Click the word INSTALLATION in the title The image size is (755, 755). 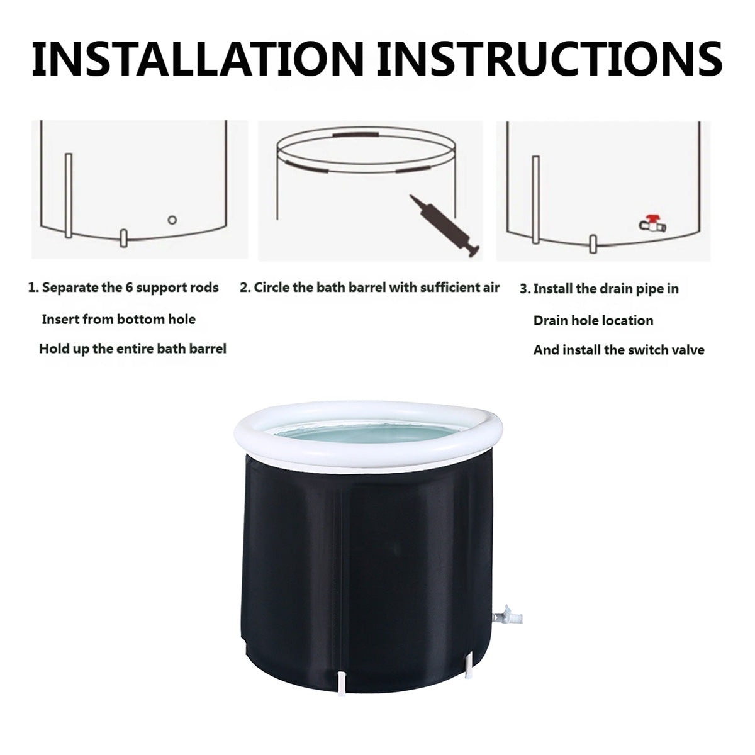pyautogui.click(x=198, y=59)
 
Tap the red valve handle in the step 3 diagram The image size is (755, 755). pyautogui.click(x=652, y=218)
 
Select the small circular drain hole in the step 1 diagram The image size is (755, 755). pyautogui.click(x=172, y=220)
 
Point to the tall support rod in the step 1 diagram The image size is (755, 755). pyautogui.click(x=69, y=195)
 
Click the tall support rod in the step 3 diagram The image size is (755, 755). pyautogui.click(x=535, y=200)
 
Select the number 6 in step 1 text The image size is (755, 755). pyautogui.click(x=129, y=288)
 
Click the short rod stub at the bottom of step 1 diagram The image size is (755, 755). pyautogui.click(x=123, y=238)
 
